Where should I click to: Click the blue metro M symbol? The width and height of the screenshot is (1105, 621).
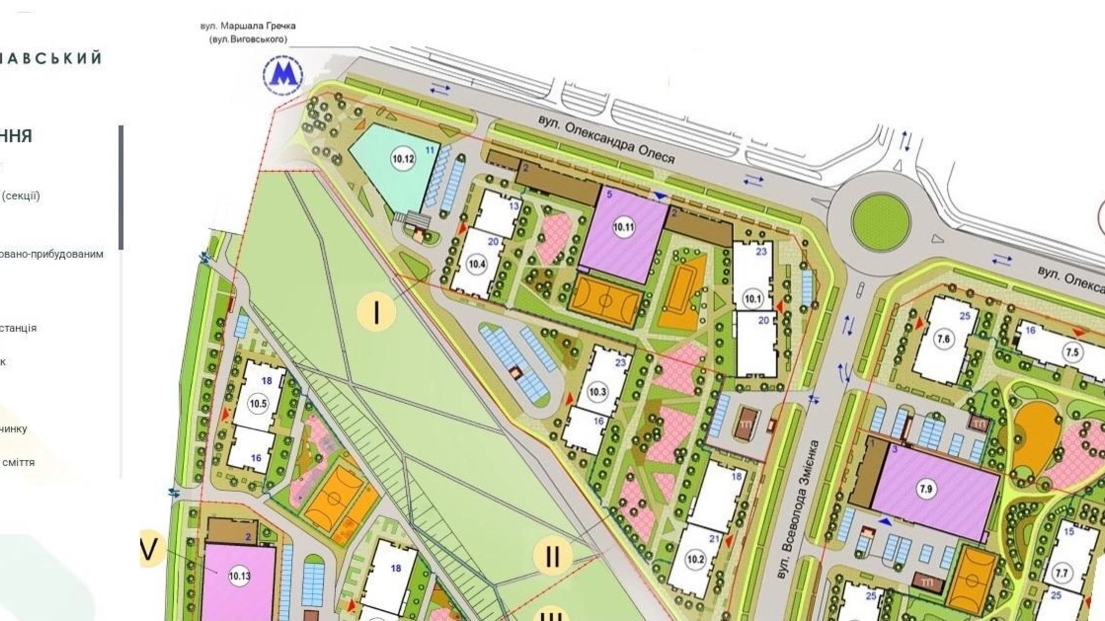click(283, 75)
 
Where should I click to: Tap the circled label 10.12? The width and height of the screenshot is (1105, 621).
click(403, 159)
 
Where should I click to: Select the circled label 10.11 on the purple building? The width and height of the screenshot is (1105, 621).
click(624, 227)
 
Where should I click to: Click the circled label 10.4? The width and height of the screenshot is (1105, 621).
click(477, 264)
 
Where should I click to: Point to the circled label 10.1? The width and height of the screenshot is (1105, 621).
click(753, 298)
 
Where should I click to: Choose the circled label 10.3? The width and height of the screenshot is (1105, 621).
click(597, 392)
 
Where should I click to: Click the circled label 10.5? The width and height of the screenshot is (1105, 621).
click(258, 404)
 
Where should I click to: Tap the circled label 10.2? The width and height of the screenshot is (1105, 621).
click(696, 559)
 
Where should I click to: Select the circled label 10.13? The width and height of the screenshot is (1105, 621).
click(240, 576)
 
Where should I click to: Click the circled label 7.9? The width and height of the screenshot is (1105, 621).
click(926, 489)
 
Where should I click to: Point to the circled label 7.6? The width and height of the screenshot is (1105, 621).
click(944, 339)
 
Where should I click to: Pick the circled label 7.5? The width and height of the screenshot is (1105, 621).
click(1073, 352)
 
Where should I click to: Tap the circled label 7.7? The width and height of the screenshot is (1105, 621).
click(1061, 573)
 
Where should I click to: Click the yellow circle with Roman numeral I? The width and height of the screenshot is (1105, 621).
click(376, 312)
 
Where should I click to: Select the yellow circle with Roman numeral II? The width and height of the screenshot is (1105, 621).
click(552, 557)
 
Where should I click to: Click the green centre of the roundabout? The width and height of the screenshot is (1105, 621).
click(880, 222)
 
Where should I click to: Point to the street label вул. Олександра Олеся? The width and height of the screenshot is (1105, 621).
click(606, 139)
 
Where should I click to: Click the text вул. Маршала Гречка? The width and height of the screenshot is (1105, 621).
click(248, 26)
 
